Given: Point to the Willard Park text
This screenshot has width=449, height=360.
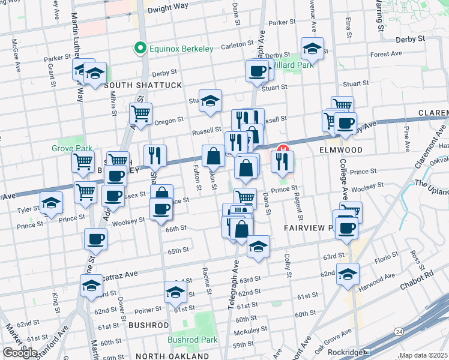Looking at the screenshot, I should [x=293, y=65].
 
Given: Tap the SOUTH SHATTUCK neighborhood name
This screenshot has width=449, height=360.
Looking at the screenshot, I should [x=142, y=85].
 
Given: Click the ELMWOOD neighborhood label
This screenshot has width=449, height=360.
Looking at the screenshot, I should [x=340, y=149].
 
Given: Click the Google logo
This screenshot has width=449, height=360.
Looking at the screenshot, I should [x=20, y=353].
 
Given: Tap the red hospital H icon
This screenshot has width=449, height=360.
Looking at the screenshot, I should [x=282, y=148].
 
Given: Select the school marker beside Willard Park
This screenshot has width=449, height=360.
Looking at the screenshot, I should [x=312, y=48].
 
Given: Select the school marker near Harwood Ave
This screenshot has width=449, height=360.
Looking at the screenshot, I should [x=348, y=274].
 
